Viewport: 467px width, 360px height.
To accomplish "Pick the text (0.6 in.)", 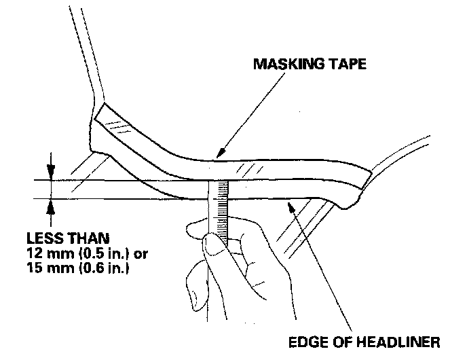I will click(x=91, y=268).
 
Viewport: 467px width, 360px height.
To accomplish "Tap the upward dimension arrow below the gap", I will click(x=50, y=204).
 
